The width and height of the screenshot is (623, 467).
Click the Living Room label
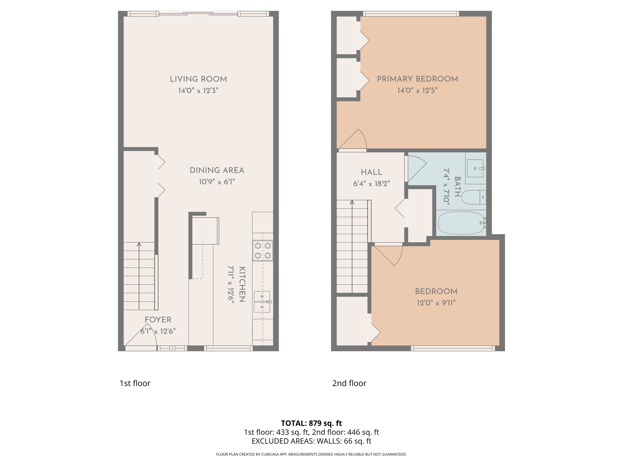(198, 79)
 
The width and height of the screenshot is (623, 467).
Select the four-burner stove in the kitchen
(262, 250)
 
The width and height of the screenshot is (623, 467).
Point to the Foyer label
(158, 320)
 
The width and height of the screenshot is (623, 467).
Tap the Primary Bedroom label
(417, 79)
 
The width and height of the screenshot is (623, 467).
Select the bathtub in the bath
(461, 223)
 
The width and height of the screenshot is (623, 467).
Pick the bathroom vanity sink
(475, 168)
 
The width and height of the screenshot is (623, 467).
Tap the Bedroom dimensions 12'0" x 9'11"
(436, 303)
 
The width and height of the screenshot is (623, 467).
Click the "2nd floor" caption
(349, 383)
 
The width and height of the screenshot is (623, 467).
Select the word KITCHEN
(242, 284)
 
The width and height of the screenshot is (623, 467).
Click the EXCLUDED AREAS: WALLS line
(311, 441)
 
